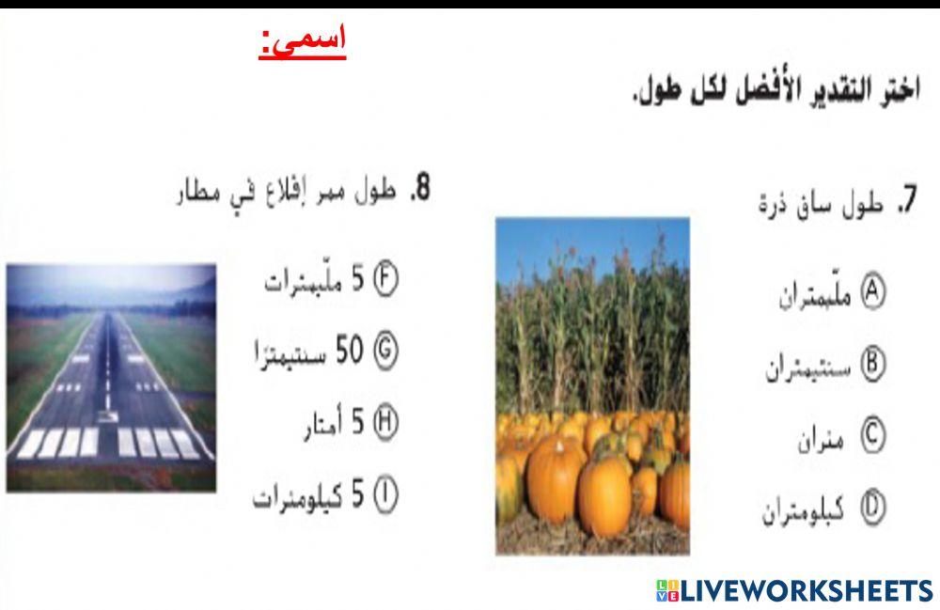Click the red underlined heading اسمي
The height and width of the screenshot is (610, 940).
coord(303,42)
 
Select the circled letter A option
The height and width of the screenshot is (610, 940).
coord(873,292)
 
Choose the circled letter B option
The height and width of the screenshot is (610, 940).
coord(873,365)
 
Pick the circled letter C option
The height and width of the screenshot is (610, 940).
coord(873,437)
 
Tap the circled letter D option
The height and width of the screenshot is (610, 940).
coord(873,508)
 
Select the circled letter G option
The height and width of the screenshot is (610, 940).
coord(386,351)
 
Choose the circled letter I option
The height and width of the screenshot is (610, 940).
coord(386,495)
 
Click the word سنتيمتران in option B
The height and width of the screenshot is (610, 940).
coord(808,366)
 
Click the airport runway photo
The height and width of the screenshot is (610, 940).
coord(111,377)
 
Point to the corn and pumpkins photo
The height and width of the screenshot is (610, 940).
coord(592,385)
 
